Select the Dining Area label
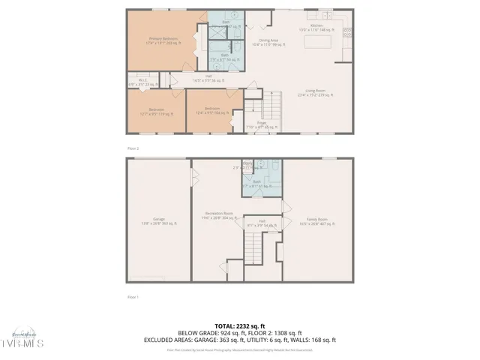point(268,42)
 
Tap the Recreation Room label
point(218,215)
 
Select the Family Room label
point(319,220)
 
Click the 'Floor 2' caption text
point(133,148)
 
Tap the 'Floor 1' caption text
point(133,297)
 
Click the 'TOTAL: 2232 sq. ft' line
point(239,325)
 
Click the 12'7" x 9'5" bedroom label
point(157,112)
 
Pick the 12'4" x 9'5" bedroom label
point(212,112)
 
